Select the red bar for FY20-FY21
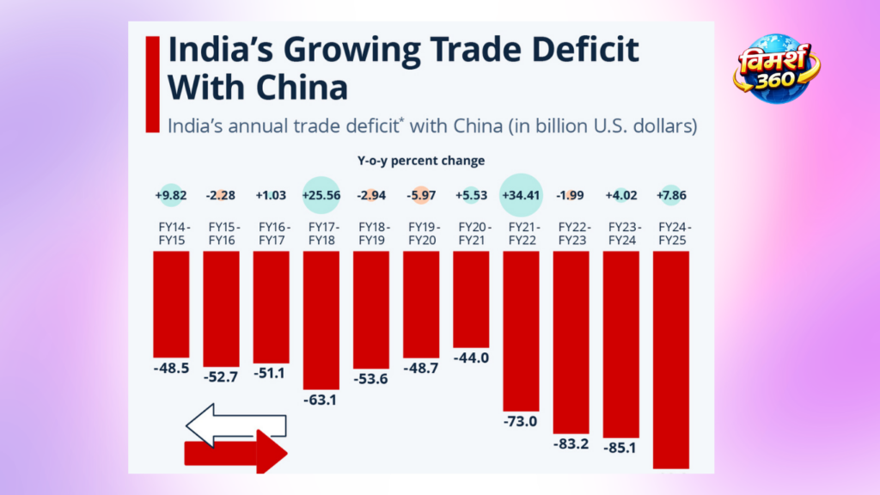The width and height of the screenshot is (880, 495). (471, 299)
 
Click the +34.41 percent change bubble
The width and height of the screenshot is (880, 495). (521, 195)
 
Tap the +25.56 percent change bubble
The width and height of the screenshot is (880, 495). (321, 195)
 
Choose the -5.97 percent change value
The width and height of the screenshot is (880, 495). (421, 195)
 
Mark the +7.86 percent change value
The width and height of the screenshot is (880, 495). (671, 195)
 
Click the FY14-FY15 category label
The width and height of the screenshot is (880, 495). (171, 233)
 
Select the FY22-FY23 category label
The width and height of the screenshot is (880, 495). (571, 233)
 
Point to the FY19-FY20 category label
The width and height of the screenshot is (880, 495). (421, 233)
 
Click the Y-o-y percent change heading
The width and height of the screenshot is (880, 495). (421, 161)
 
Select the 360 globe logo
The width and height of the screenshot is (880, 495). (776, 68)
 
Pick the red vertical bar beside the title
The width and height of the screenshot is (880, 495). (153, 84)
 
